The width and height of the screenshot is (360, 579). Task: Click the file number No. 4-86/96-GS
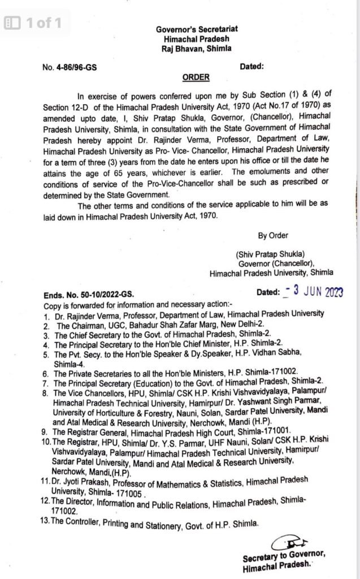(x=70, y=67)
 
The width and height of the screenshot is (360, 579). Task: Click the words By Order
(x=273, y=235)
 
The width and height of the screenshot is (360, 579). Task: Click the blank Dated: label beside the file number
(x=253, y=67)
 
